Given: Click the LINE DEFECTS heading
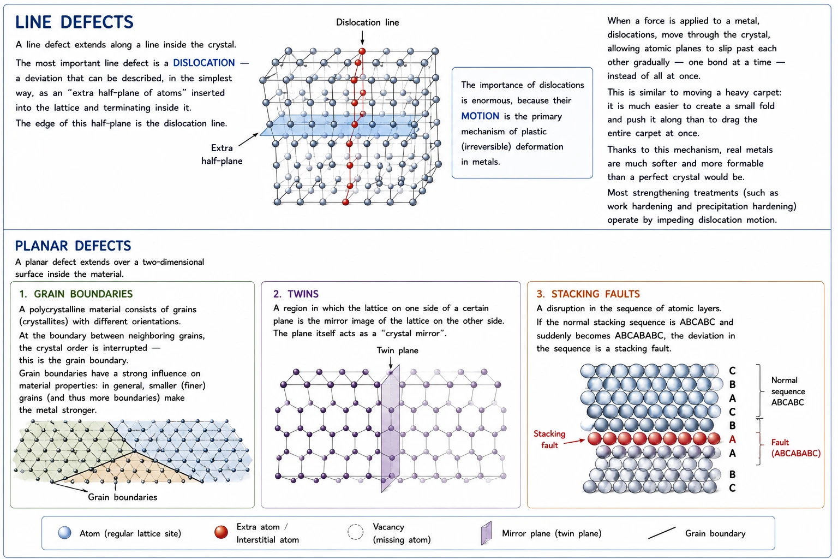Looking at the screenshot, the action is point(74,22).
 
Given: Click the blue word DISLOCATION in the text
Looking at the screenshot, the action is point(204,63).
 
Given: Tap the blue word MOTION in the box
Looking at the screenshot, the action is point(480,116).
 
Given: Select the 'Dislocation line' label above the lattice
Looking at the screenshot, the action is point(367,22).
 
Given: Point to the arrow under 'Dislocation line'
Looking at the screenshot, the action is point(362,38).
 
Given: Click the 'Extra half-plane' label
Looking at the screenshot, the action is point(222,154).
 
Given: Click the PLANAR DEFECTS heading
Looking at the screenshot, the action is point(73,246).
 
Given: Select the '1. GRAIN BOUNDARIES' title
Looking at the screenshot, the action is point(76,294).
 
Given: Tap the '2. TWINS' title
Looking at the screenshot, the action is point(296,294).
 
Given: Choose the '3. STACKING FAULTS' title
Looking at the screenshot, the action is point(588,294).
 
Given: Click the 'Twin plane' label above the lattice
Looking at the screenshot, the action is point(397,350).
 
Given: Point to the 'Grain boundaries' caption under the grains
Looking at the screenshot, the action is point(122,497).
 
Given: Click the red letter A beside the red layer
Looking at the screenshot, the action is point(732,439).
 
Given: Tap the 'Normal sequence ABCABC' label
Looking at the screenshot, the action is point(788,391).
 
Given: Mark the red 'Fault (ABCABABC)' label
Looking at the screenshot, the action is point(796,448).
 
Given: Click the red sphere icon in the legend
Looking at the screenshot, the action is point(221,532).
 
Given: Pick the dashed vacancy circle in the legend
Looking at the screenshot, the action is point(355,532).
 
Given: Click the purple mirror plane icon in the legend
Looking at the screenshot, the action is point(486,533).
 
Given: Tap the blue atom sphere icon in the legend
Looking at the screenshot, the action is point(65,533).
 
